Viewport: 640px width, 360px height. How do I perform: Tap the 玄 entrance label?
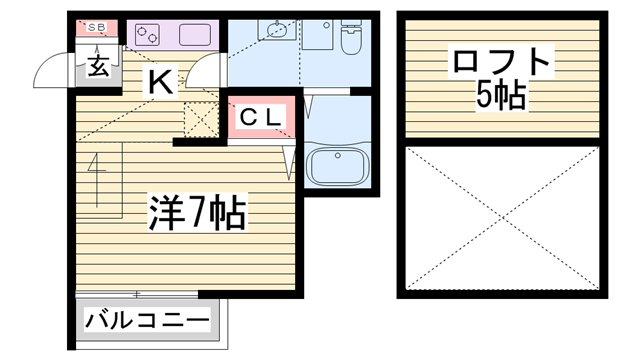coord(97,66)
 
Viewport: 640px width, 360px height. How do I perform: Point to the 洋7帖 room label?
coord(196,212)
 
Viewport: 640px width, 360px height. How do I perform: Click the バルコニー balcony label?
coord(148,322)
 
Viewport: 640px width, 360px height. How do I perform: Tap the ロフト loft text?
coord(501,63)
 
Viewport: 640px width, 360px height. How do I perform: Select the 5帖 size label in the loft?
coord(501,97)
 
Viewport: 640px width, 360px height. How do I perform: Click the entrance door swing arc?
coord(52,70)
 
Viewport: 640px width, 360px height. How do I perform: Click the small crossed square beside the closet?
coord(201,120)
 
